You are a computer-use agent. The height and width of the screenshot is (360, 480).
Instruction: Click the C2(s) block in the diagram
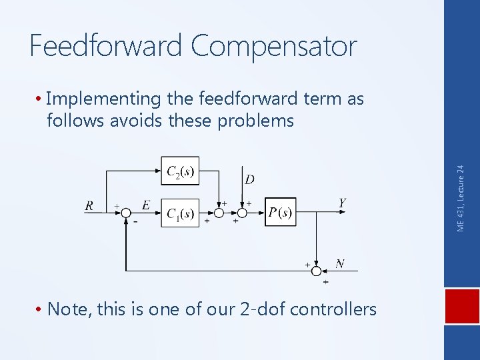click(180, 173)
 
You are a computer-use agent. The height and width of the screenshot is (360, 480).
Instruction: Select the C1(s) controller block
click(180, 213)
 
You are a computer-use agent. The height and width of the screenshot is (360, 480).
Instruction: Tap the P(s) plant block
click(280, 212)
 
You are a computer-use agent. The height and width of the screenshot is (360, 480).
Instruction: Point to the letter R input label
click(89, 205)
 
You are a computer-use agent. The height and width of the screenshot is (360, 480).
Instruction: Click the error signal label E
click(145, 204)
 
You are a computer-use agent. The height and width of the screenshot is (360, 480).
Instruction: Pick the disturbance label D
click(249, 179)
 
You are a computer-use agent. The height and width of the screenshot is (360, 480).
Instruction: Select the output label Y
click(342, 203)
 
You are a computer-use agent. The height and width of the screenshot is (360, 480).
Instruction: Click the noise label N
click(339, 263)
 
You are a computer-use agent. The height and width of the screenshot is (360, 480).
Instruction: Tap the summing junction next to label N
click(317, 271)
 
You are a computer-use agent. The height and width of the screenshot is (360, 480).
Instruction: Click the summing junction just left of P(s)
click(242, 213)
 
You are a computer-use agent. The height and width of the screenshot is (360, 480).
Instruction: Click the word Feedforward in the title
click(107, 47)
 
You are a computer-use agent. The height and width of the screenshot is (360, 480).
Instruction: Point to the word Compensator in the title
click(274, 47)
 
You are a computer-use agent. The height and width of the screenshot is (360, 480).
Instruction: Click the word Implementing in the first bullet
click(104, 100)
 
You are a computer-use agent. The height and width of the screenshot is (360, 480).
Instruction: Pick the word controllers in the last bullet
click(333, 309)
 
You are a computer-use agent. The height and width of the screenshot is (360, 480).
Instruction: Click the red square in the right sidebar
click(462, 311)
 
